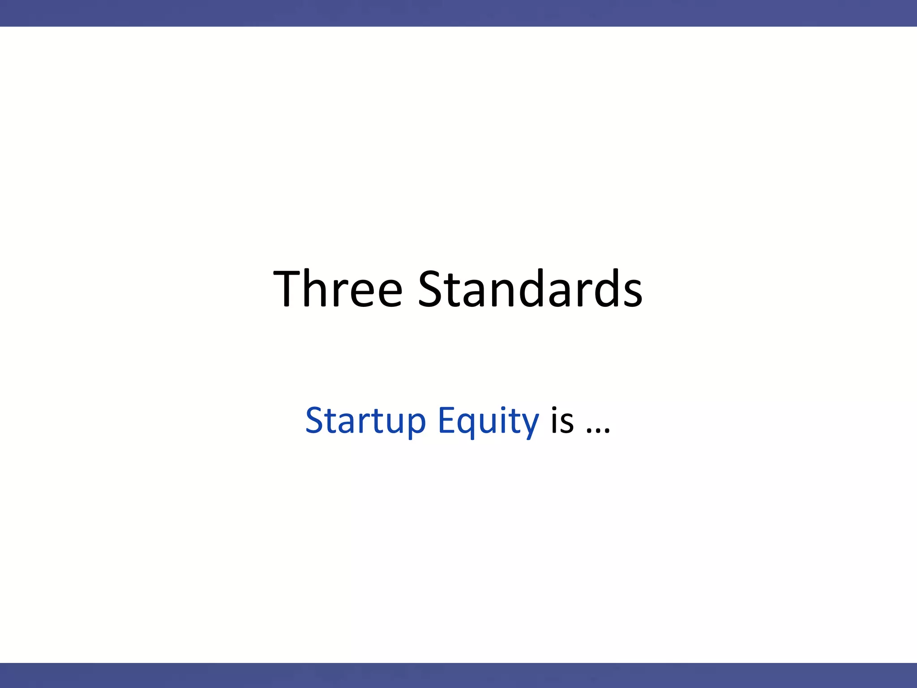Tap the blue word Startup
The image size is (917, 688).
pos(365,421)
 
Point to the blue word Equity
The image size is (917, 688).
pos(488,421)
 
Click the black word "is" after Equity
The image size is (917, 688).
pos(562,421)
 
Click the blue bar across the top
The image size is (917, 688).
pos(458,13)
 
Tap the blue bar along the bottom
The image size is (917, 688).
pos(458,675)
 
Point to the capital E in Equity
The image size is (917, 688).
pos(446,421)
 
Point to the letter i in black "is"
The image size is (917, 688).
pos(555,421)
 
